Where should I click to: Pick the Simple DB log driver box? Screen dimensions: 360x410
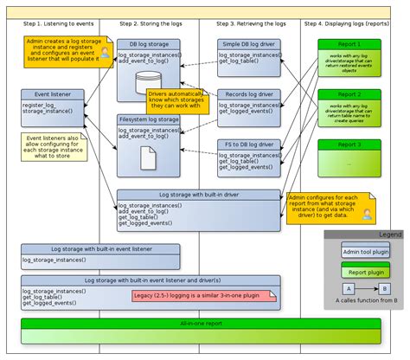(x=248, y=53)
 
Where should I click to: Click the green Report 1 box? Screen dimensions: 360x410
(x=349, y=55)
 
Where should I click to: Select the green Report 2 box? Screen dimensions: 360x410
(x=349, y=105)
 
